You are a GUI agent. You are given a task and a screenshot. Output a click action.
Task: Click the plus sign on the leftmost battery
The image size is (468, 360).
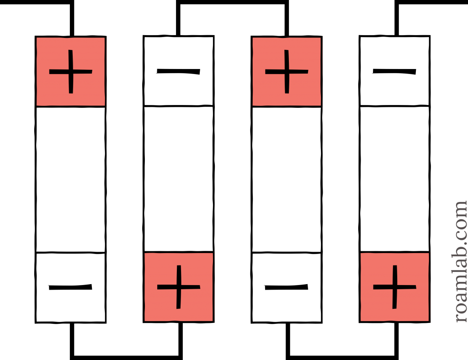point(71,72)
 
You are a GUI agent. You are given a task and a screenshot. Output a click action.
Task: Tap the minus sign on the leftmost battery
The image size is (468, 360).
point(70,287)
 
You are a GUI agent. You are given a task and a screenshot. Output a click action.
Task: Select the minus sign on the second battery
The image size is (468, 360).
point(179,71)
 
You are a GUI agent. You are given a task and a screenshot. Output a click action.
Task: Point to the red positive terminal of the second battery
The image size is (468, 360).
point(179,287)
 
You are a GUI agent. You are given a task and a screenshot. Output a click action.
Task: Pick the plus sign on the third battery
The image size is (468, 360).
point(287,72)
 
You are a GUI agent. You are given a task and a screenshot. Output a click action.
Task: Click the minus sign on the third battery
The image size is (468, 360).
point(286,287)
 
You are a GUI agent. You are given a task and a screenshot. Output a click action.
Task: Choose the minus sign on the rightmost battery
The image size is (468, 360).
point(394,71)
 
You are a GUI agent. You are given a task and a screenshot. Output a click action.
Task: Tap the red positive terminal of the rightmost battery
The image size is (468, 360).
point(394,287)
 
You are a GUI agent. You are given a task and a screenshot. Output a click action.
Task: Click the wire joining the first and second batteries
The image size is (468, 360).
point(126,358)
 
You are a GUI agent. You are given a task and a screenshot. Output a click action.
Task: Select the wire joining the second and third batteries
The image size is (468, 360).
point(232,2)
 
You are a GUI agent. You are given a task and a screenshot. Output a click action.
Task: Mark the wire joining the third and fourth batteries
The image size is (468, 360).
point(342,358)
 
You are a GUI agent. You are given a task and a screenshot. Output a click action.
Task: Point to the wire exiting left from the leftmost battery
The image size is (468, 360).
point(36,2)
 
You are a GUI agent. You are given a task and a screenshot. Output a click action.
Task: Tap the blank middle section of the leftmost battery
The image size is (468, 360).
point(71,179)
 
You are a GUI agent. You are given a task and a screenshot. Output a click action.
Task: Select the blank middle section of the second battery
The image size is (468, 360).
point(179,179)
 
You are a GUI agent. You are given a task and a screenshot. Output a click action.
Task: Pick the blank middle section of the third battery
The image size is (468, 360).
point(287,179)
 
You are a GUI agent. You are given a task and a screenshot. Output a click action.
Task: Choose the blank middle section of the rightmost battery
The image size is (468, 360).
point(394,179)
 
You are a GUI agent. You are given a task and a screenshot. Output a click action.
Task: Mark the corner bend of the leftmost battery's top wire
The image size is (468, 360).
point(72,2)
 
